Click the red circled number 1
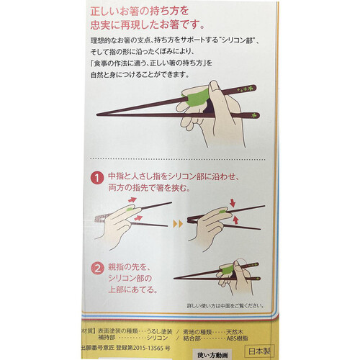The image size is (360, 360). [x=97, y=176]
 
